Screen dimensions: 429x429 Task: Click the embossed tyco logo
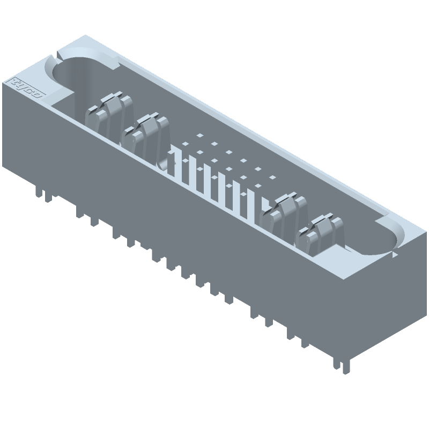point(27,88)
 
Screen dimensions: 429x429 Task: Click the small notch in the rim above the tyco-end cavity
point(58,54)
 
